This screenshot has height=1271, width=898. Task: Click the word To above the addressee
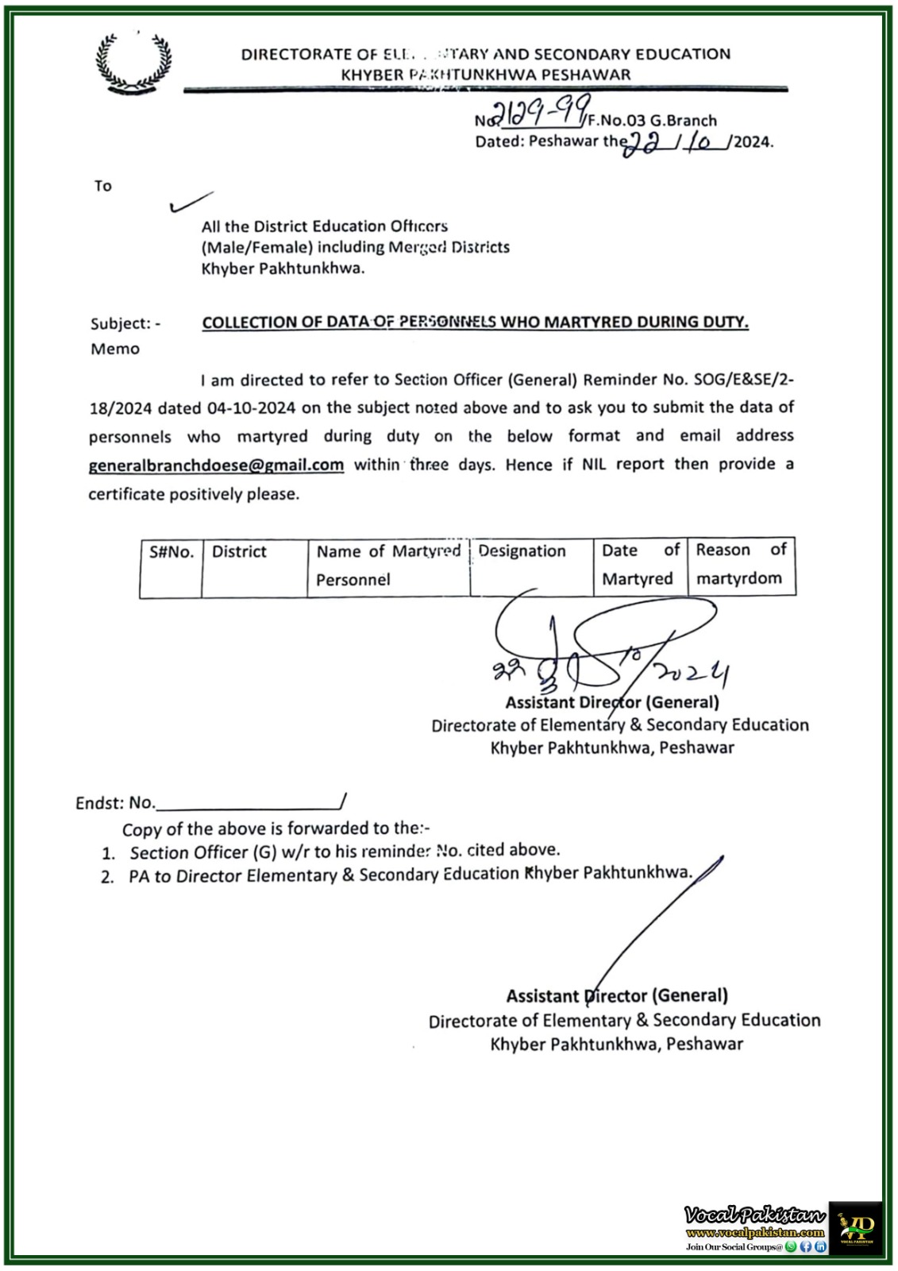pyautogui.click(x=103, y=186)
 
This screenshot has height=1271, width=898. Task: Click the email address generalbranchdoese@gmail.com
pyautogui.click(x=216, y=465)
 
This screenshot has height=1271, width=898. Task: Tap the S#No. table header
pyautogui.click(x=171, y=551)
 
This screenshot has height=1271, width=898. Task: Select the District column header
pyautogui.click(x=239, y=551)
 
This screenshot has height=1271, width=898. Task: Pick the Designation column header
pyautogui.click(x=522, y=551)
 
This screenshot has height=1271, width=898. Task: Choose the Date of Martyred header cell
pyautogui.click(x=640, y=564)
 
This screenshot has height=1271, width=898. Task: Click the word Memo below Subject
pyautogui.click(x=114, y=349)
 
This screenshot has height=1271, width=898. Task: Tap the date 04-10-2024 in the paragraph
pyautogui.click(x=252, y=408)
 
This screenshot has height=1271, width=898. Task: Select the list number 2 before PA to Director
pyautogui.click(x=107, y=878)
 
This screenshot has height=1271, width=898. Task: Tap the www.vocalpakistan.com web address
pyautogui.click(x=754, y=1233)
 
